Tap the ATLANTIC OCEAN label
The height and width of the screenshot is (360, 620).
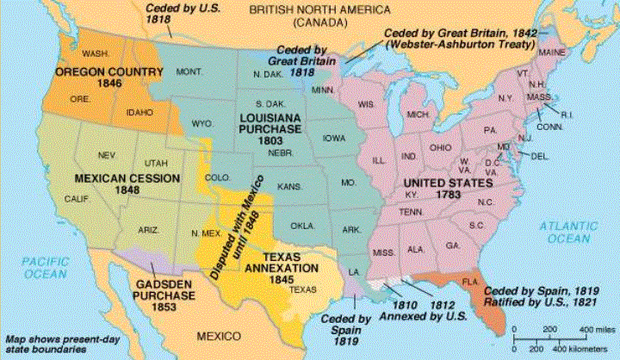click(567, 232)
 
